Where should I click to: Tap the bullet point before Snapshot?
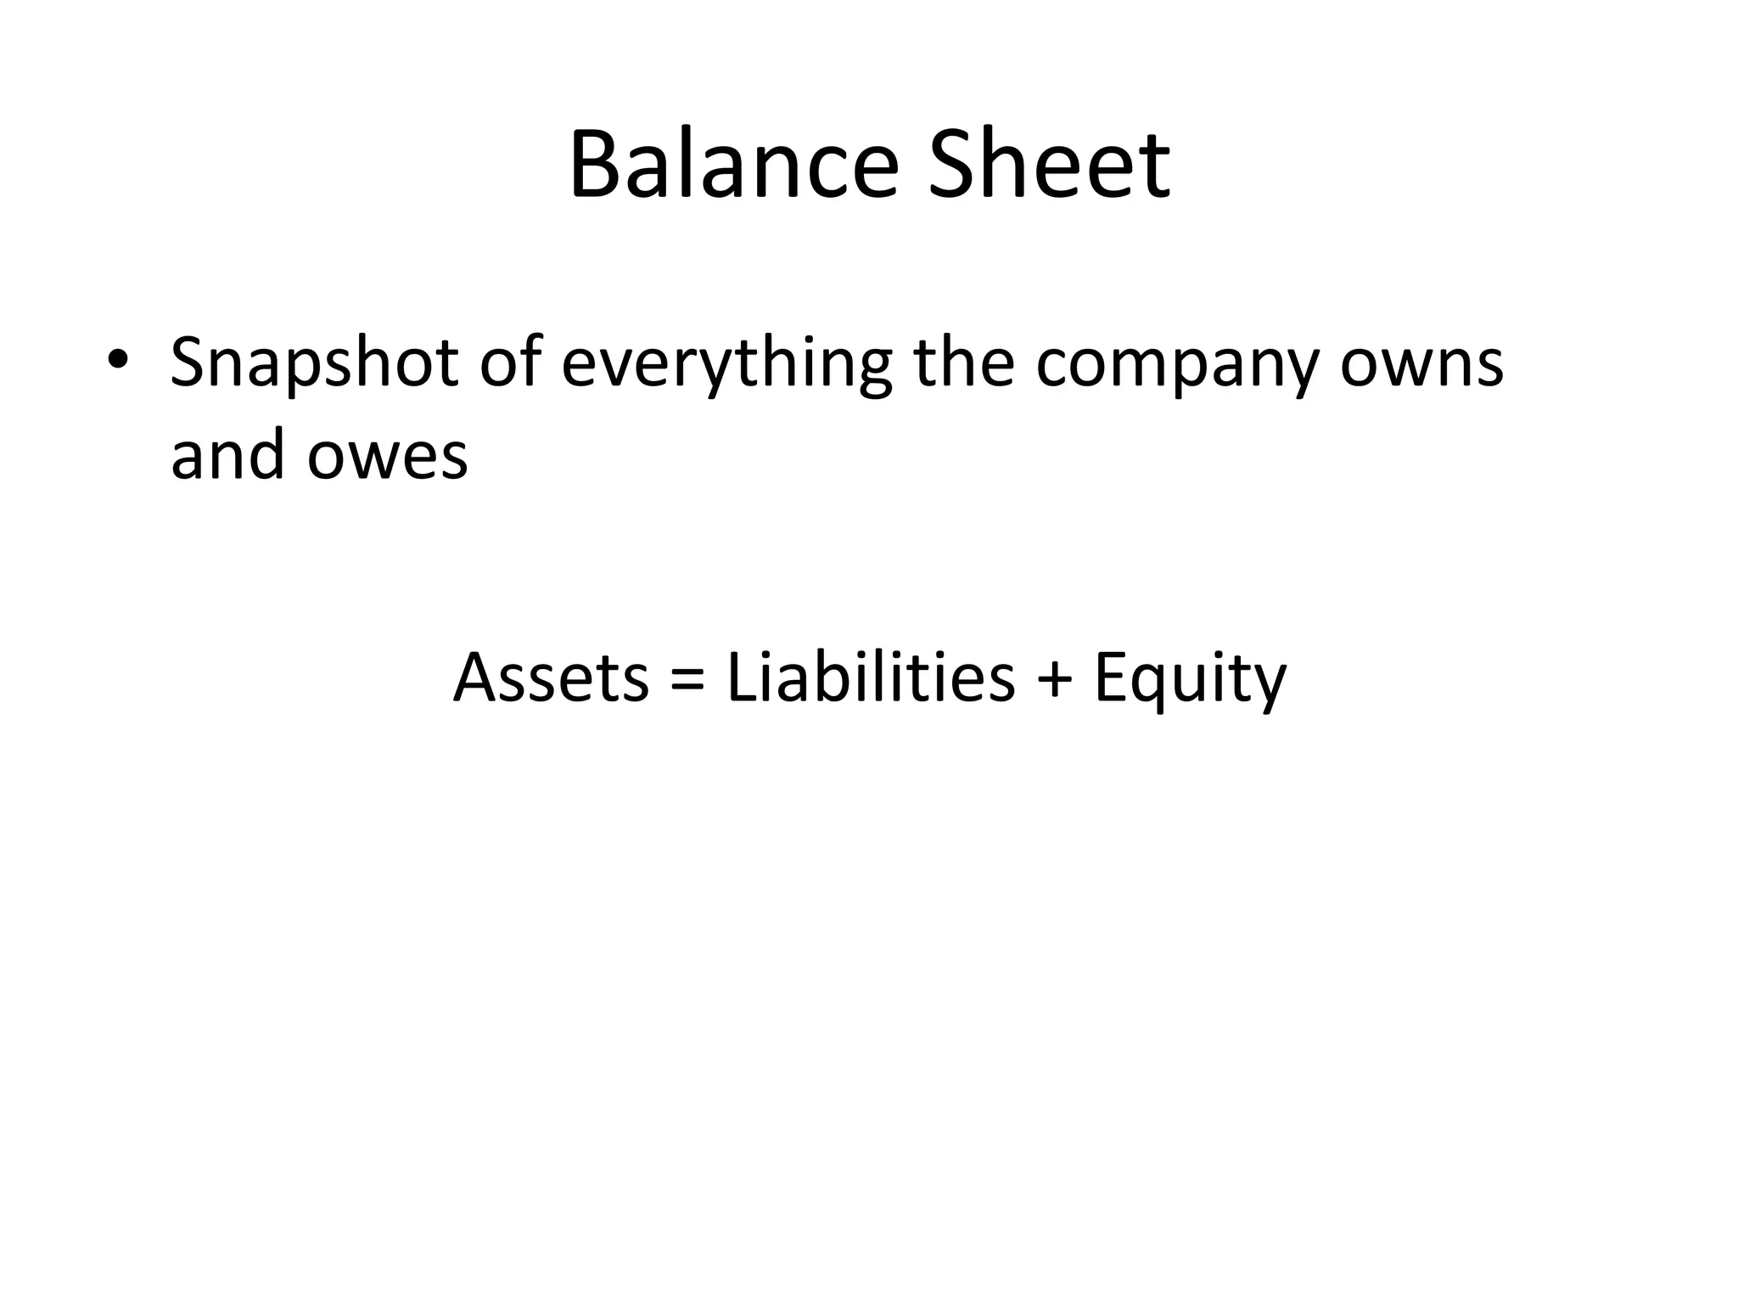117,360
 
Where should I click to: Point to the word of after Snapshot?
510,362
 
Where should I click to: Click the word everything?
726,365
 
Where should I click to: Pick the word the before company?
963,362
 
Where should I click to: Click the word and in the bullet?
227,454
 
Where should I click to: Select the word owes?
387,457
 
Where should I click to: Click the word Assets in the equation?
551,678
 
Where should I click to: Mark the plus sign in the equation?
1055,679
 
